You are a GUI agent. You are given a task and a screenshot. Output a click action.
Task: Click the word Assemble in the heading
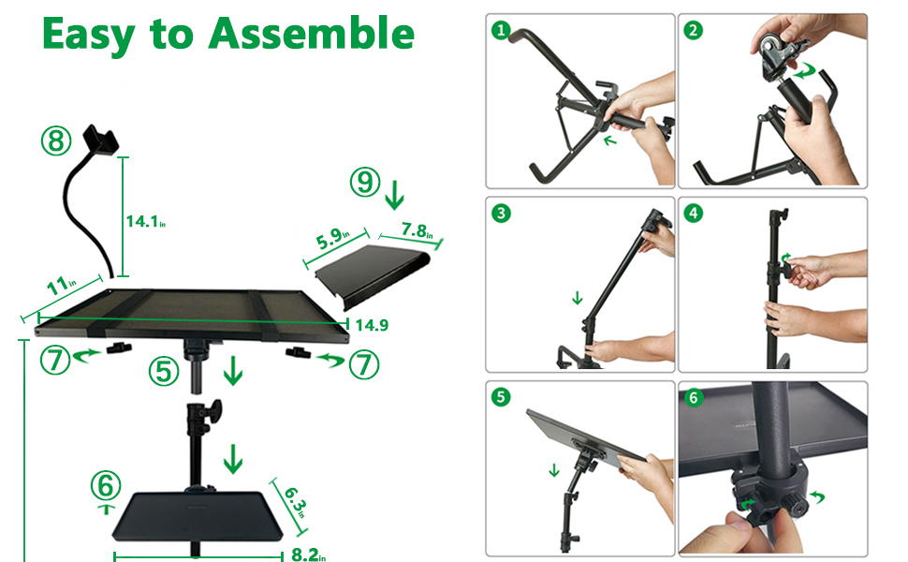[311, 34]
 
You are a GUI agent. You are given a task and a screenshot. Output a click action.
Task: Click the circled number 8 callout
[56, 141]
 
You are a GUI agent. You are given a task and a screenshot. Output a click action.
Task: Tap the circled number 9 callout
[365, 183]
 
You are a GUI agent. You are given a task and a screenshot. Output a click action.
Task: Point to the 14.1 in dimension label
[145, 222]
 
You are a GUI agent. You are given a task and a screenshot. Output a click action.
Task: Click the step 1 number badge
[503, 30]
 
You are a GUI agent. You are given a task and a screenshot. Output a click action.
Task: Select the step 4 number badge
[694, 213]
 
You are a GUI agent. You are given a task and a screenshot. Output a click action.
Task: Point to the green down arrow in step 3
[577, 300]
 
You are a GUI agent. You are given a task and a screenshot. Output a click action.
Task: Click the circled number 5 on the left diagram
[165, 372]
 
